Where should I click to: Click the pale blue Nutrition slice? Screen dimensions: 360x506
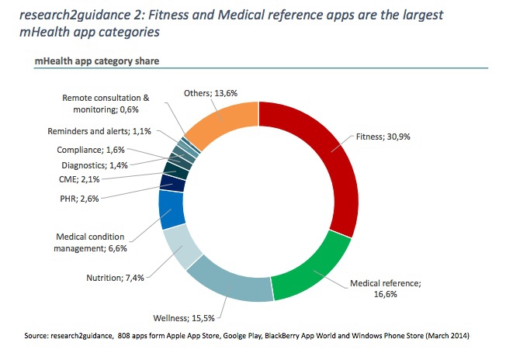(183, 247)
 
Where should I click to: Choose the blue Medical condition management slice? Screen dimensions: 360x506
(172, 208)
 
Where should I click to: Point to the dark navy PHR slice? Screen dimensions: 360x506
(172, 183)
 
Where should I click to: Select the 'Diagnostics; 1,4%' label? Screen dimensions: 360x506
(94, 164)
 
